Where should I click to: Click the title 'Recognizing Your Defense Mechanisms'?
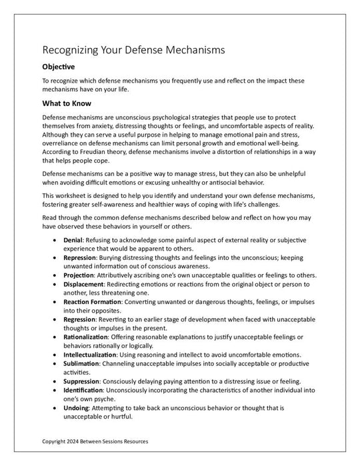pos(133,50)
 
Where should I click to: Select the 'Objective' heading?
pos(58,67)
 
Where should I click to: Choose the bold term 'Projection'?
pos(79,275)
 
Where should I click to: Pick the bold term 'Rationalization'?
pos(85,337)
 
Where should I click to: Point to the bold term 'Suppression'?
pos(81,381)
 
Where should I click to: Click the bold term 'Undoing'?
pos(75,407)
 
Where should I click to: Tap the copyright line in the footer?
pos(95,441)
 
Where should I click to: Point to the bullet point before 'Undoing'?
pos(53,407)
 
